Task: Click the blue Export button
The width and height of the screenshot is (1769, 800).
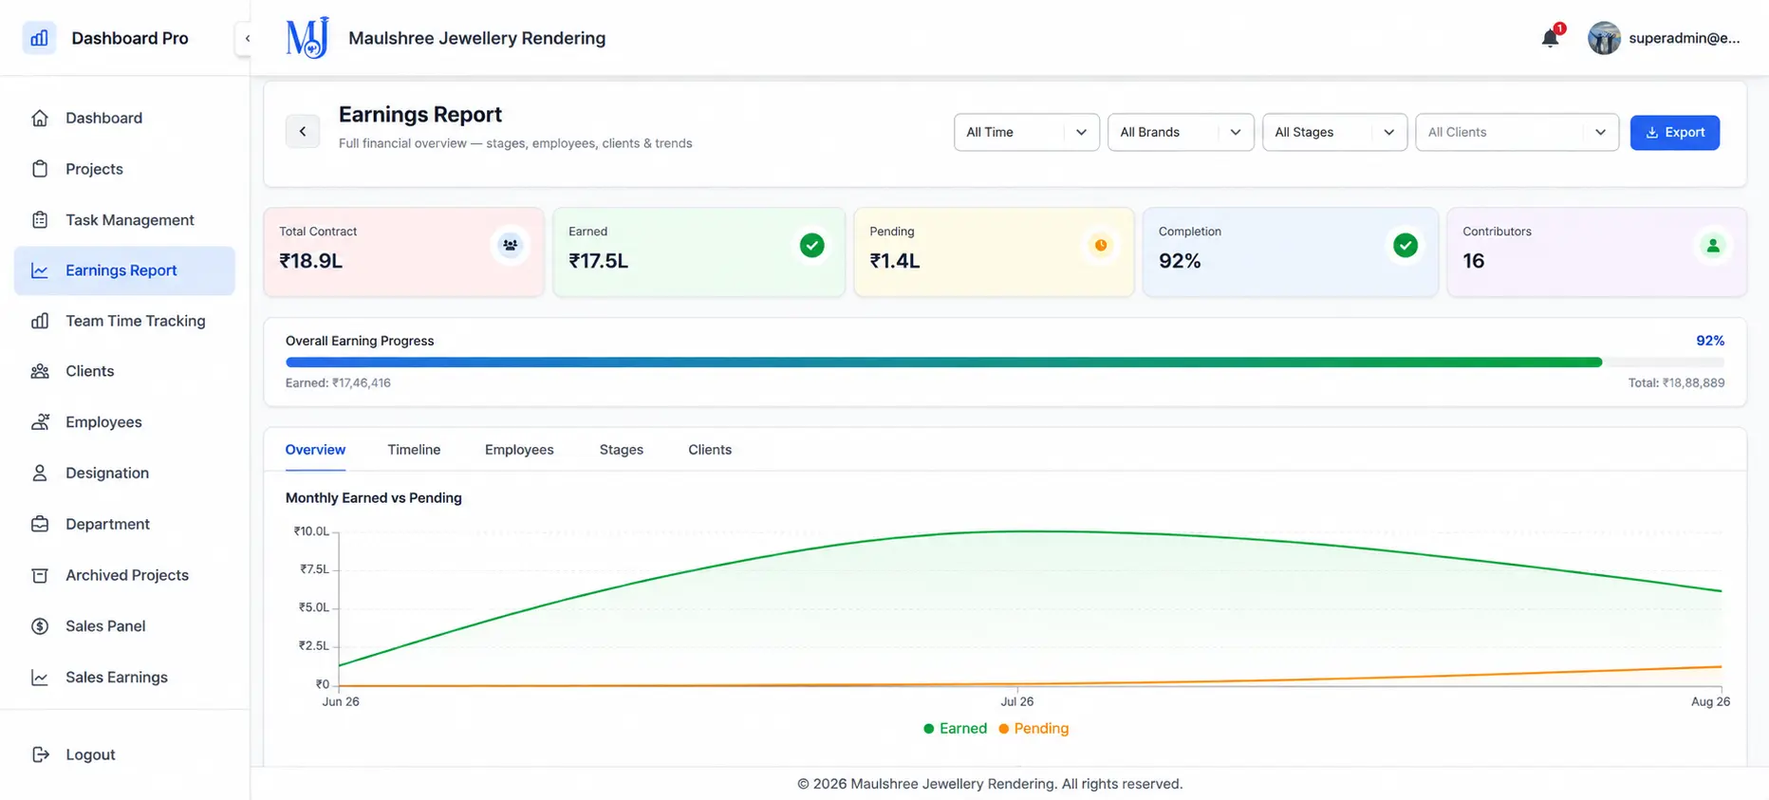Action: [x=1674, y=132]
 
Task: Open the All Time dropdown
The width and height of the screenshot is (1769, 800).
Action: [x=1026, y=132]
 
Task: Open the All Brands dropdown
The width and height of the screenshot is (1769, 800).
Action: [x=1181, y=132]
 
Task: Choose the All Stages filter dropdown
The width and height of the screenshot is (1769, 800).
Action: [x=1334, y=132]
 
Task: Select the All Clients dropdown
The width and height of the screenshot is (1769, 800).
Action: [x=1517, y=132]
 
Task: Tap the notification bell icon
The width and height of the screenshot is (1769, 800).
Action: [x=1550, y=38]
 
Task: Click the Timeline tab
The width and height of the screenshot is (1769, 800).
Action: [x=414, y=450]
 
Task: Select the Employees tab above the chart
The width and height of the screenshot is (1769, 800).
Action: [x=519, y=450]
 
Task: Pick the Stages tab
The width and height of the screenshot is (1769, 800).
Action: [x=622, y=450]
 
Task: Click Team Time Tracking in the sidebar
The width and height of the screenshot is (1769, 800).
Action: [x=135, y=321]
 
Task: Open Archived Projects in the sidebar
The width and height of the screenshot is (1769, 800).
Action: [x=127, y=575]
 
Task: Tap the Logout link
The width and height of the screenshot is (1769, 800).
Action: [x=90, y=754]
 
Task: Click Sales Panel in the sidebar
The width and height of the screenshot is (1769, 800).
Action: [x=105, y=626]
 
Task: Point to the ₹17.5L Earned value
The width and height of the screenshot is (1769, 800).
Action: [x=598, y=261]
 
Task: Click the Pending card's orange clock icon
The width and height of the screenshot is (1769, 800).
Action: [x=1101, y=245]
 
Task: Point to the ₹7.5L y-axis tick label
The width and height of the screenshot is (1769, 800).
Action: [x=314, y=569]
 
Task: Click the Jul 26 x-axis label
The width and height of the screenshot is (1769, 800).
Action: [x=1016, y=701]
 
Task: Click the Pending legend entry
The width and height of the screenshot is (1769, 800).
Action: [x=1033, y=728]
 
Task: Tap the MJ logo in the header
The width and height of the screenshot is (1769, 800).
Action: [x=307, y=38]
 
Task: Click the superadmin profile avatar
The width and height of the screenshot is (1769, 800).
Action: [x=1604, y=38]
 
